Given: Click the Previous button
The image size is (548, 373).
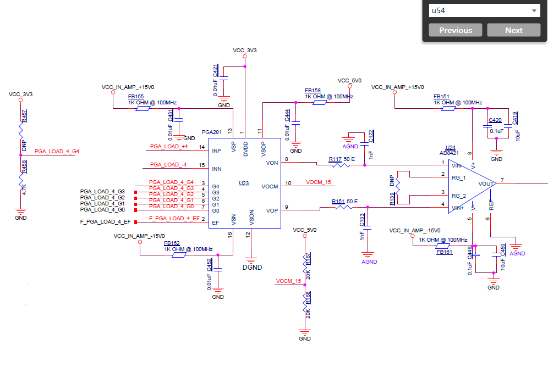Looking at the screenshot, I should point(455,30).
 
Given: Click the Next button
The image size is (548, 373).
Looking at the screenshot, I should point(513,30).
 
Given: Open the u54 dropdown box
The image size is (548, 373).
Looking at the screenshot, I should point(484,10).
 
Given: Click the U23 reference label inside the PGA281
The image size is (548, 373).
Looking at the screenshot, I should point(244,183).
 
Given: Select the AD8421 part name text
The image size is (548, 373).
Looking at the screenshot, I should point(450,153).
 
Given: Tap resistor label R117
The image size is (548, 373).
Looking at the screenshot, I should point(336,159).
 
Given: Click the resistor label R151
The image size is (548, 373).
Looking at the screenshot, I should point(338,202).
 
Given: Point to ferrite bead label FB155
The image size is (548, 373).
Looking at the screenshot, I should point(136,96).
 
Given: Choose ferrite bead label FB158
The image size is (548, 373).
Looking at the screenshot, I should point(313,91).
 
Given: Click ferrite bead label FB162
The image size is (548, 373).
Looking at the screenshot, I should point(172,243).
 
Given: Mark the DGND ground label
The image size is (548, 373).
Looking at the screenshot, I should point(252,268).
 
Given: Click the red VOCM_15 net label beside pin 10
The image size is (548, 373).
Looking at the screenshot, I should point(319,182).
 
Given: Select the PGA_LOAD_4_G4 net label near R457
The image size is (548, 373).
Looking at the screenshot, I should point(57,151).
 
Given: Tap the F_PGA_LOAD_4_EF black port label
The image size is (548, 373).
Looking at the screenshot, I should point(105,221).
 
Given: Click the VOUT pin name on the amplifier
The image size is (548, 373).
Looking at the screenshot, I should point(486,183).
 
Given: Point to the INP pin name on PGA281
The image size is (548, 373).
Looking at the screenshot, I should point(217,151).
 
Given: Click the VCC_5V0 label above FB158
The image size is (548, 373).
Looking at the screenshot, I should point(349,80).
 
